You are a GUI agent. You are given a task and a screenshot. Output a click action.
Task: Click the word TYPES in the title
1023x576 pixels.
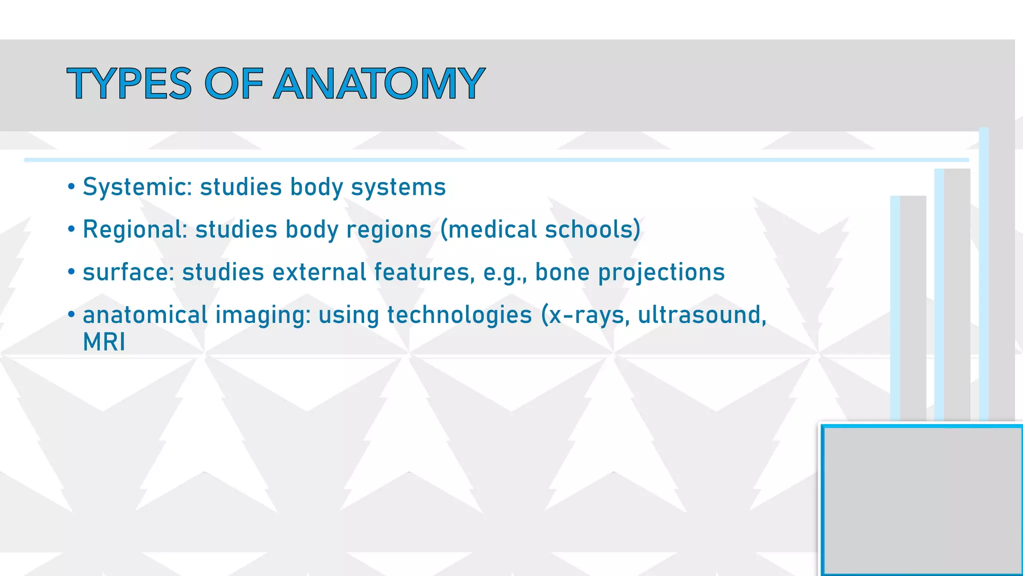129,83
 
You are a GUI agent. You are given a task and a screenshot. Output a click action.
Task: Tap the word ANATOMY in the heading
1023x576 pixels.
379,83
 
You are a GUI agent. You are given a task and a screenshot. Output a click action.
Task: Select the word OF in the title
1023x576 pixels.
233,83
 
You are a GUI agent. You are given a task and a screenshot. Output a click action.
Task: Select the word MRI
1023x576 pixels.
104,342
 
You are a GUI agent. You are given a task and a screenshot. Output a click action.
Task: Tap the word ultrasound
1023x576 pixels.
701,315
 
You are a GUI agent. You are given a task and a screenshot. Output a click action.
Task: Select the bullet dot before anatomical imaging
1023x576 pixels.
71,315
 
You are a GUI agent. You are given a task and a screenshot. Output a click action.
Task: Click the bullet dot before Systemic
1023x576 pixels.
71,187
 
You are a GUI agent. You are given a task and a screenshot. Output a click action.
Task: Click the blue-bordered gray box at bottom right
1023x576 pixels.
922,500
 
